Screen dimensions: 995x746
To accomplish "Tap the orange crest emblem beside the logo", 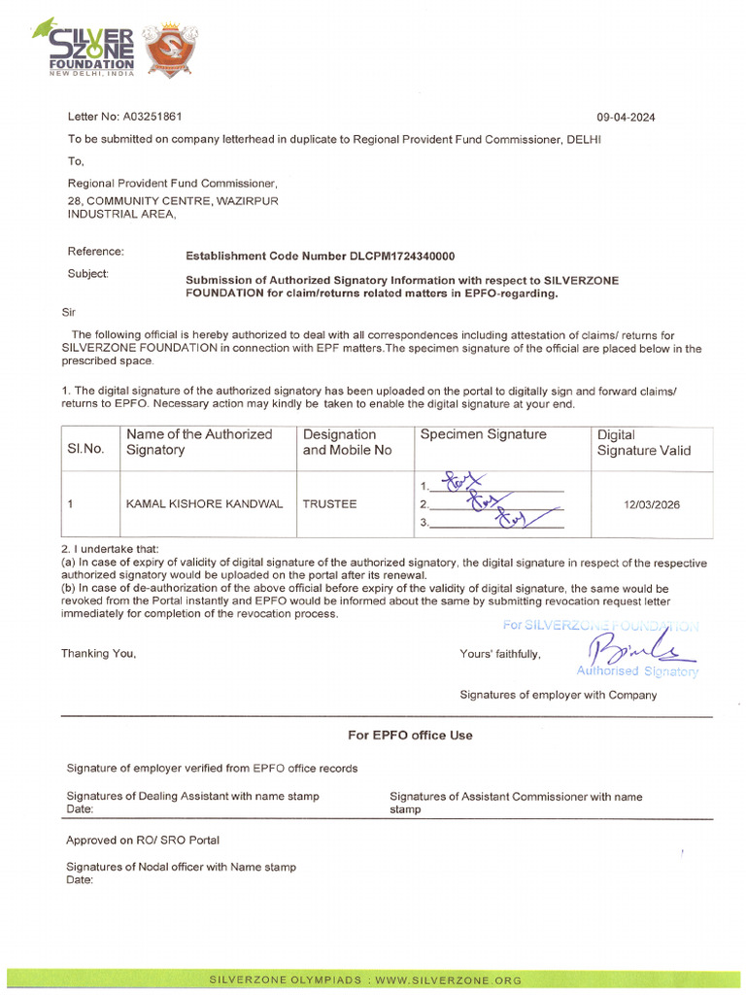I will tap(171, 49).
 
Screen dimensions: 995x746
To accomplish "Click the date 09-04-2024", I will tap(626, 118).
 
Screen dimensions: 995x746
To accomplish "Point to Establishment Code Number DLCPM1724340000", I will tap(320, 257).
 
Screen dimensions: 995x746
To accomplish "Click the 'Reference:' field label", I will tap(95, 252).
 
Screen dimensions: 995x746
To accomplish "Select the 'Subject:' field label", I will tap(88, 274).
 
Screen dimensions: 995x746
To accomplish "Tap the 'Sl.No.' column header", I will tap(85, 449).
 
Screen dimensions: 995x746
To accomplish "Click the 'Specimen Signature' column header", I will tap(483, 434).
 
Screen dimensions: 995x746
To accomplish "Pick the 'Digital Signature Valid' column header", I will tap(644, 442).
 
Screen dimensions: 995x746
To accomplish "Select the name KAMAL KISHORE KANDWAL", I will tap(205, 504).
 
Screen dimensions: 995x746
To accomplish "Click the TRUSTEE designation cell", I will tap(329, 504).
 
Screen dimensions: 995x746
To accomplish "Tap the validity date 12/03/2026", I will tap(653, 504).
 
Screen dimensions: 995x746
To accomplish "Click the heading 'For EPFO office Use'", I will tap(410, 736).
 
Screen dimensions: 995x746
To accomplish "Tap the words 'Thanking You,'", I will tap(99, 654).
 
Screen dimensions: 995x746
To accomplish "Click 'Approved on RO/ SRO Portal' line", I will tap(142, 840).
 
